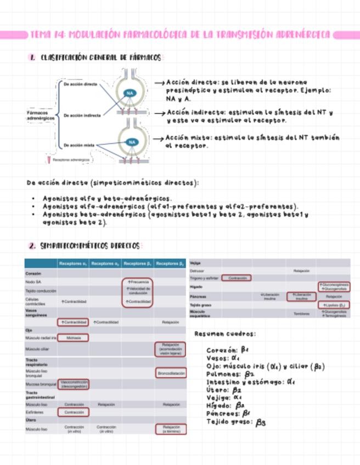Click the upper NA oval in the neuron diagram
pyautogui.click(x=130, y=93)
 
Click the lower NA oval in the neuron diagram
pyautogui.click(x=132, y=142)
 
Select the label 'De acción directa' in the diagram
pyautogui.click(x=81, y=84)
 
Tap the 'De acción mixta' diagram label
pyautogui.click(x=80, y=145)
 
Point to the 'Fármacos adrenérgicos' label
pyautogui.click(x=40, y=115)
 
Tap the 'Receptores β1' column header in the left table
pyautogui.click(x=138, y=264)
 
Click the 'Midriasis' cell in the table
pyautogui.click(x=74, y=338)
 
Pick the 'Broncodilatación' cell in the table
pyautogui.click(x=170, y=373)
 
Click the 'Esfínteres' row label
pyautogui.click(x=35, y=412)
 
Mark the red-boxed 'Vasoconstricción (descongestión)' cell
pyautogui.click(x=74, y=384)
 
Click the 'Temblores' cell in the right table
pyautogui.click(x=302, y=314)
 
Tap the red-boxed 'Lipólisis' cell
pyautogui.click(x=334, y=305)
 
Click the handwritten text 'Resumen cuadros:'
pyautogui.click(x=225, y=333)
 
